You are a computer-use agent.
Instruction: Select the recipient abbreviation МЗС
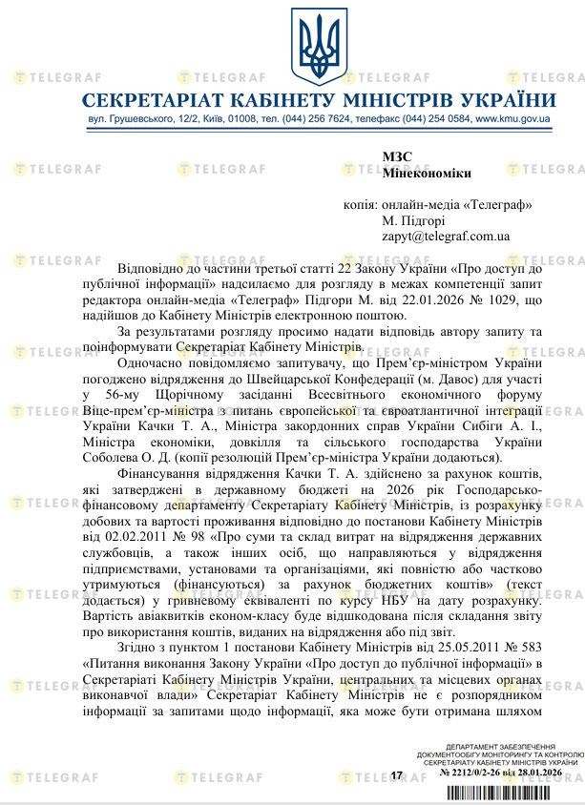395,157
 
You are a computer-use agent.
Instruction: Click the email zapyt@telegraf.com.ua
446,236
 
